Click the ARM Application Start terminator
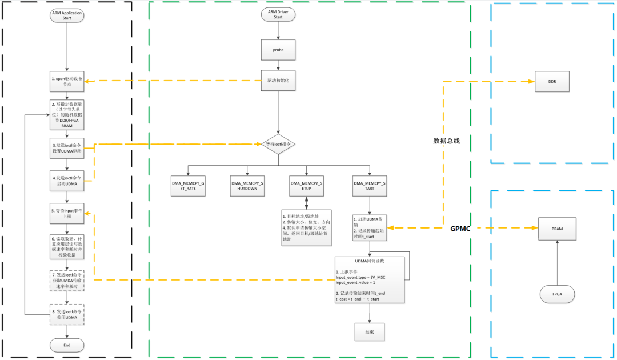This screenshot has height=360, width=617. coord(67,15)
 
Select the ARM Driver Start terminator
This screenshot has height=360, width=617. coord(278,14)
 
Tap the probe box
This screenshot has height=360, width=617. coord(278,50)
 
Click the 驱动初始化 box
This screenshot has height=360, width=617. coord(278,81)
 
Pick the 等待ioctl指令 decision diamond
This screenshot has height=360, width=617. coord(278,145)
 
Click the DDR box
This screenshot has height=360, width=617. coord(552,82)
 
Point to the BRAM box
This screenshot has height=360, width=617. coord(556,228)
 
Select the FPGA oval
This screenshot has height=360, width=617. coord(556,294)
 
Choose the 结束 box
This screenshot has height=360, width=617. coord(370,331)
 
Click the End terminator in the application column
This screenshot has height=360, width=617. coord(67,345)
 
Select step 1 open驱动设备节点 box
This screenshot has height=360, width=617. coord(67,82)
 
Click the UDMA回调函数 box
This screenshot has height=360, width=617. coord(370,279)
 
